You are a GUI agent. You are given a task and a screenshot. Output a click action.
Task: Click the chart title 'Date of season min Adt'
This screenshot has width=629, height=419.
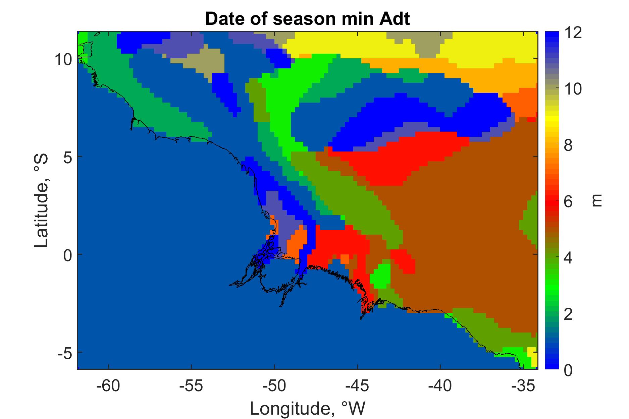[x=308, y=19]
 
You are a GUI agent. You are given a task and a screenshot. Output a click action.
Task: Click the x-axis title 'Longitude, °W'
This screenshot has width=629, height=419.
[x=308, y=408]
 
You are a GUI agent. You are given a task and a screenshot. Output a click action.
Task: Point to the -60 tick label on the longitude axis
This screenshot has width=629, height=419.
[x=108, y=387]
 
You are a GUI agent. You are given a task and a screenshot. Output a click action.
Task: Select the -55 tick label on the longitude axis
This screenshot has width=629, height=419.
[x=191, y=387]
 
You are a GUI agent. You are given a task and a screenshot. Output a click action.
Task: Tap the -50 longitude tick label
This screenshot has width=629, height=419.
[x=274, y=387]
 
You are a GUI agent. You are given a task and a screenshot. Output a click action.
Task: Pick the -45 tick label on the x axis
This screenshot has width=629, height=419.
[x=357, y=387]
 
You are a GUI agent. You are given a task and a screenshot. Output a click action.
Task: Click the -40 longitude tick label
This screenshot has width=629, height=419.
[x=440, y=387]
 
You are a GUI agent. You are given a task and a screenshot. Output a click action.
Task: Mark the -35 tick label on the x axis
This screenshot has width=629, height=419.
[x=523, y=387]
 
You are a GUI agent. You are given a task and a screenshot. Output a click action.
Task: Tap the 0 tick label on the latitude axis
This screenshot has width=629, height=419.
[x=67, y=254]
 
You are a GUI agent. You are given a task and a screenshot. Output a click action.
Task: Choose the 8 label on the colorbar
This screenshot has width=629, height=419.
[x=569, y=146]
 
